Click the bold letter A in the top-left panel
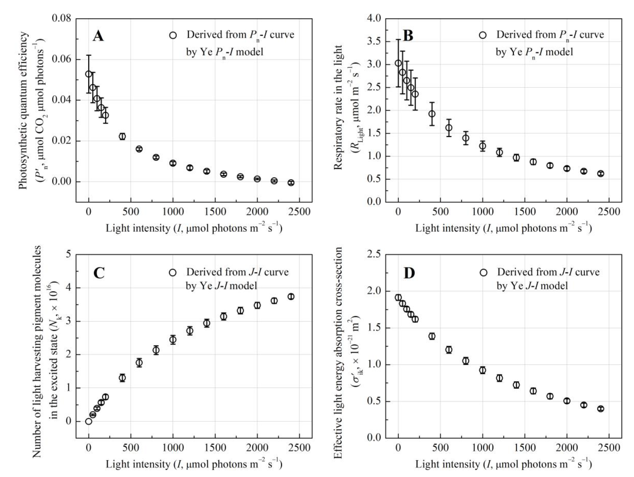point(98,36)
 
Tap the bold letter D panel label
point(409,273)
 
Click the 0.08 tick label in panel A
point(61,18)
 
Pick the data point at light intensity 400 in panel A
point(122,136)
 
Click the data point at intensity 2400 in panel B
point(601,173)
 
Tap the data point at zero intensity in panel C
point(89,421)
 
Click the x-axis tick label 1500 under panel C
point(215,448)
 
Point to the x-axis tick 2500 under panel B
point(609,212)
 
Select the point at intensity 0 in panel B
point(398,63)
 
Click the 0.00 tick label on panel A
point(61,181)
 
